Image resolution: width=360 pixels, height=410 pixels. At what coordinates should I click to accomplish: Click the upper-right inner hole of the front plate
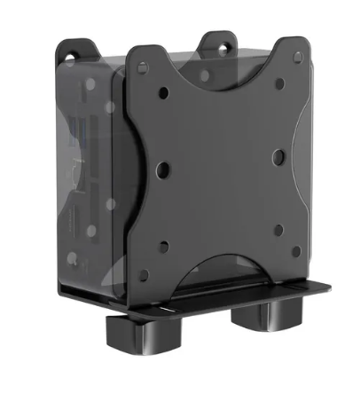[278, 83]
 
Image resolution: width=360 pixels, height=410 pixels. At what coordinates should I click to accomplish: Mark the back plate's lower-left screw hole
[74, 259]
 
